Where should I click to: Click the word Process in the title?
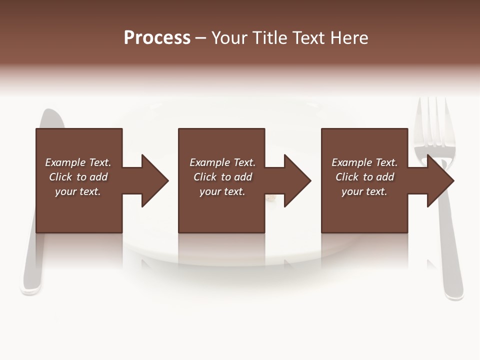pos(157,38)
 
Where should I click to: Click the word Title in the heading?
pos(269,38)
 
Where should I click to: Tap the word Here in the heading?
pos(350,38)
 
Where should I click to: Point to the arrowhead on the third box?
pos(439,180)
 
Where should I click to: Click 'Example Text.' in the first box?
pos(78,162)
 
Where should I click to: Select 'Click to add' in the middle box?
pos(222,177)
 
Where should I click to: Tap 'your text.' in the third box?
pos(364,191)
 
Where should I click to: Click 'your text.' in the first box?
pos(78,191)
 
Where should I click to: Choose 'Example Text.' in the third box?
pos(364,162)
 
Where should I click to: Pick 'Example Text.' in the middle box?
pos(222,162)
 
